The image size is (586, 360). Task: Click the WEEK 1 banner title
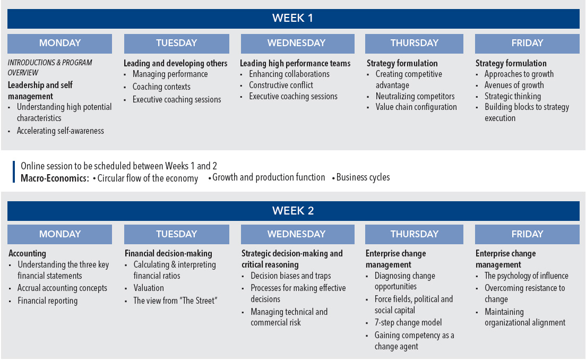coord(292,18)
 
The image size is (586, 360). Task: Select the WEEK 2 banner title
coord(292,211)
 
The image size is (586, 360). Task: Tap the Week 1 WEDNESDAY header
coord(297,43)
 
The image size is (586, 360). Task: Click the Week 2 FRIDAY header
coord(527,234)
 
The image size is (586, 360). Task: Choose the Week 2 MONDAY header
coord(60,234)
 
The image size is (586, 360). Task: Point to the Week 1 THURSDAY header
coord(414,43)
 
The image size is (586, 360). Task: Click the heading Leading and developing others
coord(175,63)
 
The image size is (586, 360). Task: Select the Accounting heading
coord(27,253)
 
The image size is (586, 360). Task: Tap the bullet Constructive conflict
coord(281,85)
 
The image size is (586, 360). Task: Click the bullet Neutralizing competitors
coord(415,96)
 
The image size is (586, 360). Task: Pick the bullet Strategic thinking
coord(512,96)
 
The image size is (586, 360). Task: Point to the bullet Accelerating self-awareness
coord(60,131)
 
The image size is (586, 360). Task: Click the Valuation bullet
coord(149,288)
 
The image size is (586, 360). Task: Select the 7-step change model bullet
coord(408,322)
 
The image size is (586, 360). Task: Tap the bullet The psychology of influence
coord(526,276)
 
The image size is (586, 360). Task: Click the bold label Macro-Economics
coord(55,178)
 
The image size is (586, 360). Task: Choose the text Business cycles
coord(363,177)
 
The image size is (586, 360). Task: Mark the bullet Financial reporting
coord(47,301)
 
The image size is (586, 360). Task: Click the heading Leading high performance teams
coord(295,63)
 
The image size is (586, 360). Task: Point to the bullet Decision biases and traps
coord(291,276)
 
